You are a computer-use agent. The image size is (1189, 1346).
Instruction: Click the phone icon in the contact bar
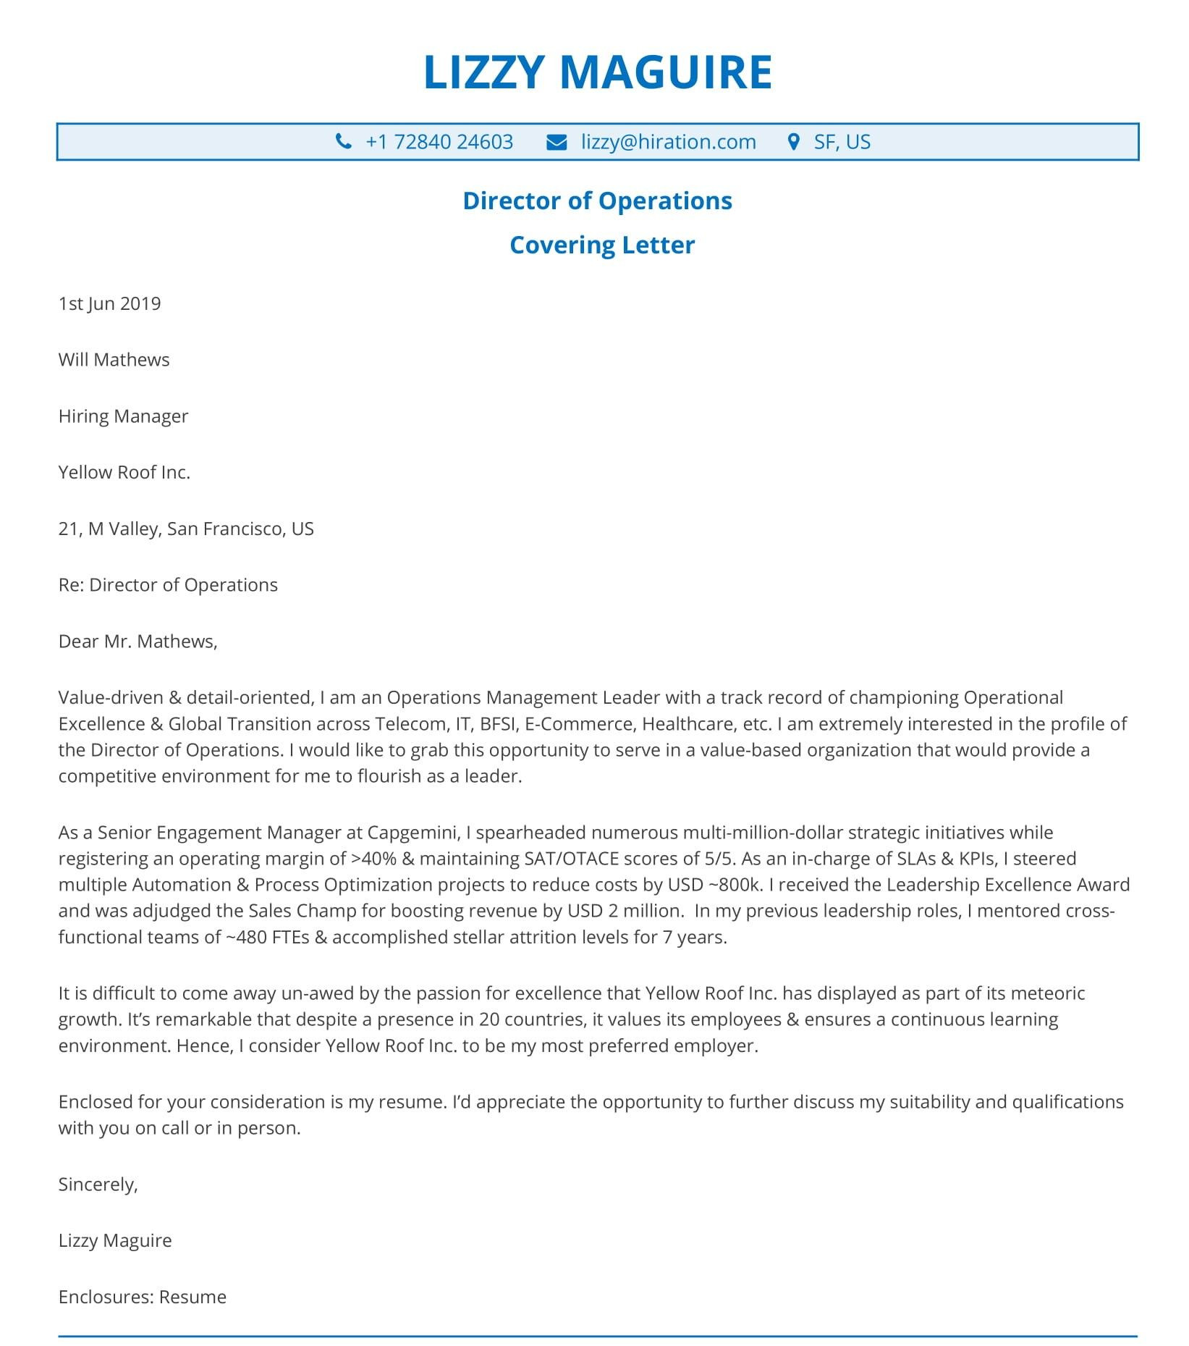tap(344, 142)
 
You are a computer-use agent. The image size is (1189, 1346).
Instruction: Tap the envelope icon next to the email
tap(557, 142)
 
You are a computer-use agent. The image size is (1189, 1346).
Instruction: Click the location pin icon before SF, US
tap(793, 142)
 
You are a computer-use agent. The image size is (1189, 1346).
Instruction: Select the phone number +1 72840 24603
tap(439, 142)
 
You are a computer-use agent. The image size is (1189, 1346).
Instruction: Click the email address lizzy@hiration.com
tap(668, 142)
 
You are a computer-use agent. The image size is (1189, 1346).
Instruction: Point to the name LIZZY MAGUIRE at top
tap(598, 72)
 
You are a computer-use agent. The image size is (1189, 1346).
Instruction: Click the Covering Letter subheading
tap(601, 245)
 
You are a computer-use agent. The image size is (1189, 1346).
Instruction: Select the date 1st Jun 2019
tap(109, 303)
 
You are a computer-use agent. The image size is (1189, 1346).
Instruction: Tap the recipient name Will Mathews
tap(114, 360)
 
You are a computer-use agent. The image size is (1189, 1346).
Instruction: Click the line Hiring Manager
tap(123, 416)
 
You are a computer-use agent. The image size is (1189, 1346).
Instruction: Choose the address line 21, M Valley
tap(186, 529)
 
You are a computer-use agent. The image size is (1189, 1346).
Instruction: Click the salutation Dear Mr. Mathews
tap(137, 642)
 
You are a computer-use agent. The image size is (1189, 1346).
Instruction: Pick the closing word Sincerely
tap(98, 1185)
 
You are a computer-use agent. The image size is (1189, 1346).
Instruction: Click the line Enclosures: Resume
tap(142, 1297)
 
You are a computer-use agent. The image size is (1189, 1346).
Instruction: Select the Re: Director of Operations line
tap(168, 585)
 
